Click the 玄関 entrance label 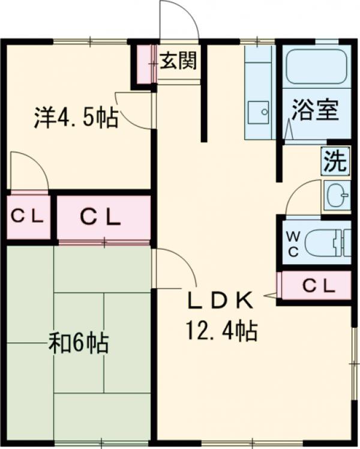[x=178, y=61]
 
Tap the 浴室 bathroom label [x=316, y=110]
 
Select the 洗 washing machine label [x=335, y=161]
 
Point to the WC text [x=293, y=244]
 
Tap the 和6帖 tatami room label [x=79, y=345]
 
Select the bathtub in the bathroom [x=316, y=67]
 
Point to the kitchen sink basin [x=259, y=112]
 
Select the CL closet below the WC [x=316, y=286]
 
